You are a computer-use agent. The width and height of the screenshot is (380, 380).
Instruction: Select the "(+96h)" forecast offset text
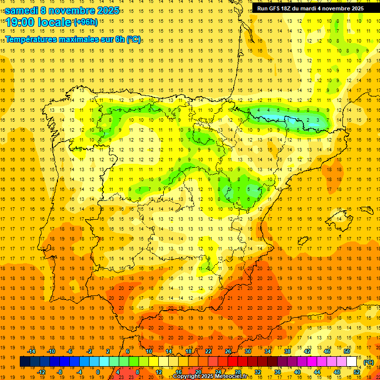coord(85,22)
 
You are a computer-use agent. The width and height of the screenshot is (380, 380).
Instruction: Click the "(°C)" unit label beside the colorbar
coord(368,362)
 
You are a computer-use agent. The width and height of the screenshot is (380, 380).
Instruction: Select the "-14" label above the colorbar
coord(31,351)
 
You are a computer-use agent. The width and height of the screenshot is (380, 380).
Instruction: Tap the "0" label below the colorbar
coord(97,372)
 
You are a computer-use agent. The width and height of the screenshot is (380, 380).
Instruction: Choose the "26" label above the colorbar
coord(228,351)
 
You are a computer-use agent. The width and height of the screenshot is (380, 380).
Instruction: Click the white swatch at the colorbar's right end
coord(352,362)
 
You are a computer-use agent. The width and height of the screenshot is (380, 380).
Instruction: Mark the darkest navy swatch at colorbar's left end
coord(25,362)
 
